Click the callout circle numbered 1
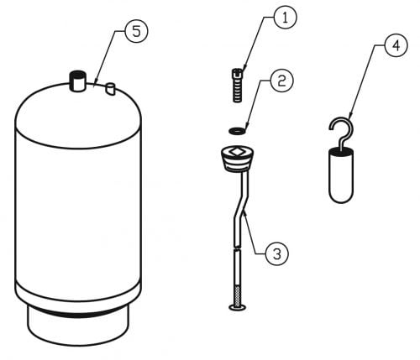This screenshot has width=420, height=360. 285,18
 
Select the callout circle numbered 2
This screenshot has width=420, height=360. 281,81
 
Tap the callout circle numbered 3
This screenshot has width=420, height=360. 277,254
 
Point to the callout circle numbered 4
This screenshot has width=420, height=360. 396,45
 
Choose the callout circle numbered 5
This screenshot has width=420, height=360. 136,31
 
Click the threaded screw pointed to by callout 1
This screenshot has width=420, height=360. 238,86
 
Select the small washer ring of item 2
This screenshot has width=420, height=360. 237,130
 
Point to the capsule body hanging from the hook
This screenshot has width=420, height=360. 341,175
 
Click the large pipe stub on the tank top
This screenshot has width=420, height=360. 78,81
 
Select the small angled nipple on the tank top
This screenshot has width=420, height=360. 110,89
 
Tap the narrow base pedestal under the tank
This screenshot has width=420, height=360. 78,326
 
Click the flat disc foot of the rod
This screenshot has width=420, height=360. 238,308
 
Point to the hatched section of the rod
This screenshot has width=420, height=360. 238,295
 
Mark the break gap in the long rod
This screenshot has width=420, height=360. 238,248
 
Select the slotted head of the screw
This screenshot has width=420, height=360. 238,73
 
